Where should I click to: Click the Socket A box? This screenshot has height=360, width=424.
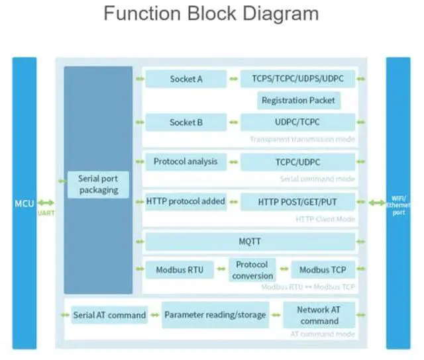pos(186,79)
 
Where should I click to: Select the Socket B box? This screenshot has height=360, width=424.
pos(186,122)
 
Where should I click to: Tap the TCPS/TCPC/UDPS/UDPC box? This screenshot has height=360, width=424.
pos(297,79)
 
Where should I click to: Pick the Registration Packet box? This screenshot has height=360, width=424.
pos(298,101)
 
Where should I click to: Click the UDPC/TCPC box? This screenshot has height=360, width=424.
pos(297,122)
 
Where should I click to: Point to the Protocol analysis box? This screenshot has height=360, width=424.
pos(185,161)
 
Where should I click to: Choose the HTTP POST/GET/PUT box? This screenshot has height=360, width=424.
pos(297,201)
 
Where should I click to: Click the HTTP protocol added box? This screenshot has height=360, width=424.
pos(185,201)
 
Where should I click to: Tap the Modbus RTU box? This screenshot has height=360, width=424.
pos(179,269)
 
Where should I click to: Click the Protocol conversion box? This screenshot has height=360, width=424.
pos(252,269)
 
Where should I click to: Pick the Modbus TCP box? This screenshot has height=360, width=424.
pos(323,269)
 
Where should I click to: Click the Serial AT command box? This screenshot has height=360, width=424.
pos(109,315)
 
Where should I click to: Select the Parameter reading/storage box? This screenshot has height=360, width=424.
pos(215,315)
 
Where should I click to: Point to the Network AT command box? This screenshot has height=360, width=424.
pos(319,315)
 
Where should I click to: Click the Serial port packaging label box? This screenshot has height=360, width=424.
pos(98,184)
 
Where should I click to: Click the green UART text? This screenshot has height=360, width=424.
pos(46,213)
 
